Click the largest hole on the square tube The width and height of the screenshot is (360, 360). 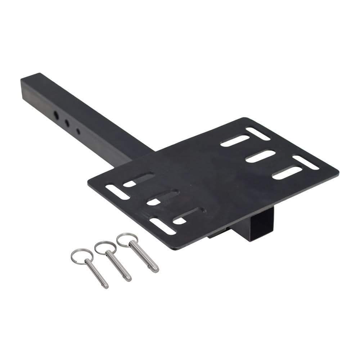click(57, 115)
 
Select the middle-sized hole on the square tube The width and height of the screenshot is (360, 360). click(67, 122)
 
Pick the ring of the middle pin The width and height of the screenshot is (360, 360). click(104, 248)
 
